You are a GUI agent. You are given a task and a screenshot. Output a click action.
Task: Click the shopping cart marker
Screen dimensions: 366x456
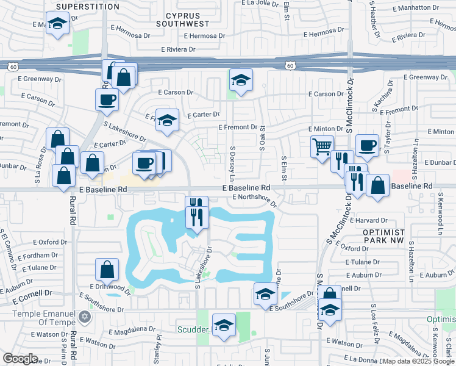click(321, 146)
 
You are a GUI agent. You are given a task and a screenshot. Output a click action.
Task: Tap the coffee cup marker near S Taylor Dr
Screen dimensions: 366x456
click(367, 145)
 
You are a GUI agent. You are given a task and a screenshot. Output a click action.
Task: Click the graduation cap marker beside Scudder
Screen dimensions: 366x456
click(224, 325)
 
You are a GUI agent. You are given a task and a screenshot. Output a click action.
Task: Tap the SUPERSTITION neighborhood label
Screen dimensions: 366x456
click(88, 7)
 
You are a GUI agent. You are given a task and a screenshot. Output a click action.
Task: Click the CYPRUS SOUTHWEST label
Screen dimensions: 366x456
click(182, 19)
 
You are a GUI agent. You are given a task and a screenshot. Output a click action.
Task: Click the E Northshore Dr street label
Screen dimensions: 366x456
click(254, 197)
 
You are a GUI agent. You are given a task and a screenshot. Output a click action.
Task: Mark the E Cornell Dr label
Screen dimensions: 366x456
click(31, 295)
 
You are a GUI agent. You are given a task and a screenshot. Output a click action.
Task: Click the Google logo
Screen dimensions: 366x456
click(20, 359)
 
